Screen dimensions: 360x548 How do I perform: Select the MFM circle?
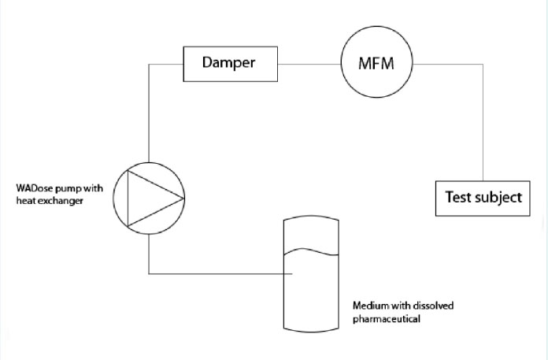376,63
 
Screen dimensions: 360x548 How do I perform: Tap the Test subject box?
483,197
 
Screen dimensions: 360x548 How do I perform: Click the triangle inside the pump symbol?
153,199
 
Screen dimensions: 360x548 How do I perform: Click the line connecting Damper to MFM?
309,64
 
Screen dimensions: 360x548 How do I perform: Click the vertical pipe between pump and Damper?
149,114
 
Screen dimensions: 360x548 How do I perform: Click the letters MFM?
376,63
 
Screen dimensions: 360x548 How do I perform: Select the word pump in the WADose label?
68,188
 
